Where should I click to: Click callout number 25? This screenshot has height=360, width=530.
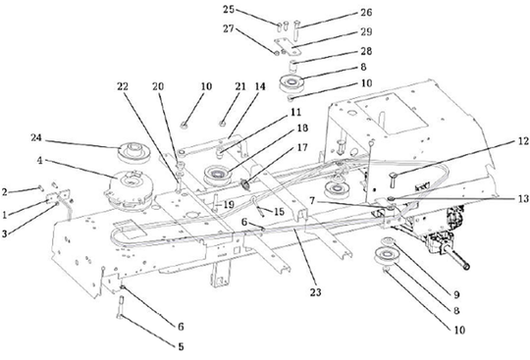pos(229,9)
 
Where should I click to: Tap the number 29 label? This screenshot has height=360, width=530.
pos(366,31)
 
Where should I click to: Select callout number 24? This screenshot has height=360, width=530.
pos(36,137)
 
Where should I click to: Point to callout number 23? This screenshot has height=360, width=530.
pos(315,291)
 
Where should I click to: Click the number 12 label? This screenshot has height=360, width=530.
pos(522,141)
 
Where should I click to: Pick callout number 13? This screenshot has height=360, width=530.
pos(523,198)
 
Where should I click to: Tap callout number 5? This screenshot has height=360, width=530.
pos(181,346)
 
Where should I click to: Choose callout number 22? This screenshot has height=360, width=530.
pos(123,86)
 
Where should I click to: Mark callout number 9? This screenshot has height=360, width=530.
pos(456,294)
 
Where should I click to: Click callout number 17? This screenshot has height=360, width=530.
pos(302,147)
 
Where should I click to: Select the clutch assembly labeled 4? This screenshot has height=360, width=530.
pos(130,190)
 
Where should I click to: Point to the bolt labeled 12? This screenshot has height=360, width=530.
pos(395,180)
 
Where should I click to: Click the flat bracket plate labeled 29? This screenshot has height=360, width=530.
pos(288,46)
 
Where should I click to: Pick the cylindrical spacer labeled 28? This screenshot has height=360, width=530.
pos(293,65)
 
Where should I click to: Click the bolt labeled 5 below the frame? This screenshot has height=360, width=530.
pos(121,307)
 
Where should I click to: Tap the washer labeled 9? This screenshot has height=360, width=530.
pos(388,240)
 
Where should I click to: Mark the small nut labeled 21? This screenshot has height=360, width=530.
pos(223,124)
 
